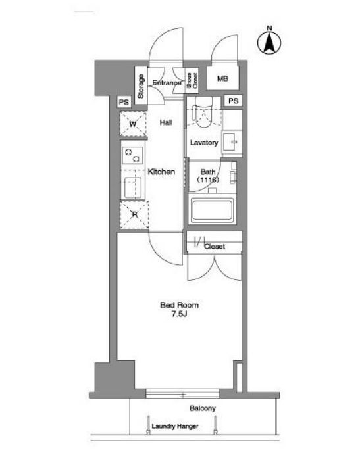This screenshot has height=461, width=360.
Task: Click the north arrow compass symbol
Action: pyautogui.click(x=269, y=41)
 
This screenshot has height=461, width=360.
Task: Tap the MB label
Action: pyautogui.click(x=222, y=78)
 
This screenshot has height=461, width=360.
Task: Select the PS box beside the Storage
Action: pyautogui.click(x=124, y=102)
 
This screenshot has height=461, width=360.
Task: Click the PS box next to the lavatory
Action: pyautogui.click(x=233, y=101)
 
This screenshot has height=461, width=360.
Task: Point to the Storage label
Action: pyautogui.click(x=141, y=86)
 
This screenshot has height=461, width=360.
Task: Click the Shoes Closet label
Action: pyautogui.click(x=192, y=80)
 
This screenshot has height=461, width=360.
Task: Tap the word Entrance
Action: pyautogui.click(x=167, y=83)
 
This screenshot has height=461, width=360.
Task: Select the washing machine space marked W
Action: pyautogui.click(x=133, y=124)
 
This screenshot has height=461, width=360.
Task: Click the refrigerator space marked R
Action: pyautogui.click(x=134, y=214)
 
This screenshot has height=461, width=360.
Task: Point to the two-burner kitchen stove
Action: pyautogui.click(x=132, y=155)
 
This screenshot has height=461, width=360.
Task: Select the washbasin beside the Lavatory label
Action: pyautogui.click(x=232, y=143)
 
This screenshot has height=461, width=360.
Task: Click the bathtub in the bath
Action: pyautogui.click(x=213, y=210)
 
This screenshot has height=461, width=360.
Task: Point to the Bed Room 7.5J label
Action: pyautogui.click(x=180, y=310)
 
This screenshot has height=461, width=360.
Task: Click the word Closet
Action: pyautogui.click(x=215, y=246)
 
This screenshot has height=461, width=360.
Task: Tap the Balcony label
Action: pyautogui.click(x=203, y=408)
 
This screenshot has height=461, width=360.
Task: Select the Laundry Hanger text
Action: pyautogui.click(x=175, y=426)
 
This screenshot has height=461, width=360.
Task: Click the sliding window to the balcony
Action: pyautogui.click(x=183, y=394)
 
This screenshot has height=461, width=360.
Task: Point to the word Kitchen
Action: pyautogui.click(x=161, y=172)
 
